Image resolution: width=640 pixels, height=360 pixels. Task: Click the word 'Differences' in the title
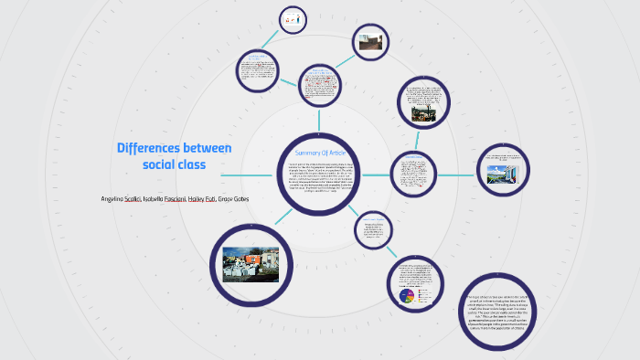(149, 148)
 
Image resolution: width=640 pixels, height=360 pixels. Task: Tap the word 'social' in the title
(161, 164)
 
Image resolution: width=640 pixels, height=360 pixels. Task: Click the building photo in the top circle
(370, 44)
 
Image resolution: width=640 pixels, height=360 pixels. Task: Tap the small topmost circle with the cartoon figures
(293, 18)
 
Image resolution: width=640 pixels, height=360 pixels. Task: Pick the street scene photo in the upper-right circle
(423, 113)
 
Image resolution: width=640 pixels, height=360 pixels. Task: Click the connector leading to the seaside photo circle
(453, 173)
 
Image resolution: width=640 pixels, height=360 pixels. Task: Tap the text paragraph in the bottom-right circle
(501, 312)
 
